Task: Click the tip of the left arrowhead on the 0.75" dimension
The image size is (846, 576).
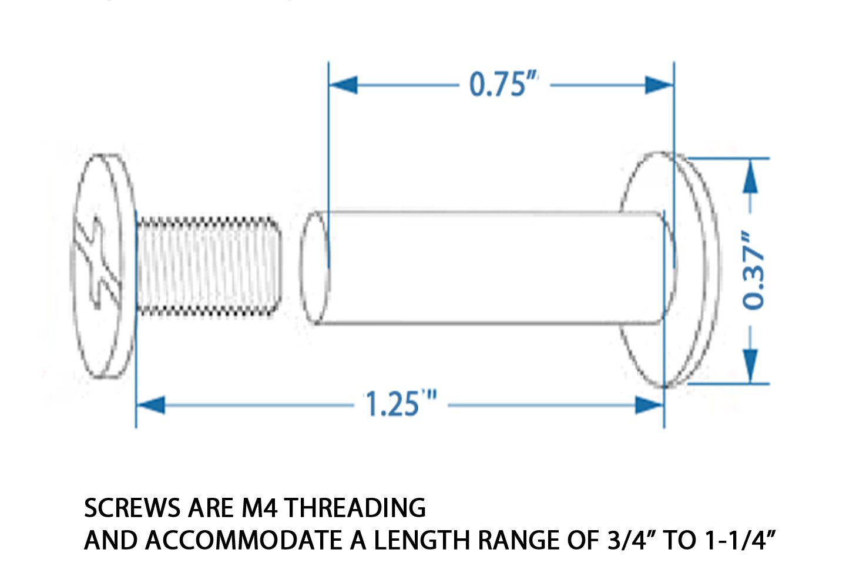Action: pyautogui.click(x=330, y=85)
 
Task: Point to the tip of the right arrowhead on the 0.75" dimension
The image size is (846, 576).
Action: pyautogui.click(x=674, y=85)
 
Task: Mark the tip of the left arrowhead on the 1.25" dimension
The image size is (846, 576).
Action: pyautogui.click(x=137, y=405)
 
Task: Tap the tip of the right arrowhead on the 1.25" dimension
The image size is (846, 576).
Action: pyautogui.click(x=664, y=405)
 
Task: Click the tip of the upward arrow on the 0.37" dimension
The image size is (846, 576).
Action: pyautogui.click(x=750, y=159)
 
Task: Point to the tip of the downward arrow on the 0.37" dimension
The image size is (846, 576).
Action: pyautogui.click(x=750, y=383)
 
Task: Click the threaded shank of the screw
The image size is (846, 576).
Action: pyautogui.click(x=209, y=266)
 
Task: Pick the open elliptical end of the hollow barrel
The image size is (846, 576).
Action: pyautogui.click(x=315, y=267)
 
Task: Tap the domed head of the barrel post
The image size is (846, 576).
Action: pyautogui.click(x=669, y=269)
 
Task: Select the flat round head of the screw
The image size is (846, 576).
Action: pyautogui.click(x=103, y=266)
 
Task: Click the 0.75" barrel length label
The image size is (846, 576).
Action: pyautogui.click(x=503, y=84)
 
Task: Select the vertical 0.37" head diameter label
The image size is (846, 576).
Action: pyautogui.click(x=753, y=270)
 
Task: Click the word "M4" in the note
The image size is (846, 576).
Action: pyautogui.click(x=260, y=508)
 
